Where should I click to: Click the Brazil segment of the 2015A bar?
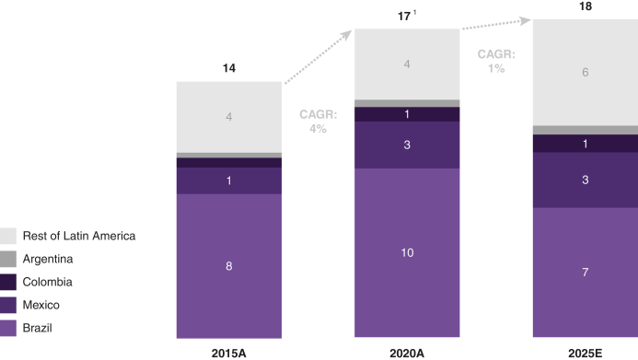click(229, 266)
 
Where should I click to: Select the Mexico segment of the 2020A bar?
click(407, 145)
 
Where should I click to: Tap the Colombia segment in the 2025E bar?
click(586, 144)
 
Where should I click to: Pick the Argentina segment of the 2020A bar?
click(407, 103)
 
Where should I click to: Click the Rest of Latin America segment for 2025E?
click(586, 73)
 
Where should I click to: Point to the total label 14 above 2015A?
click(229, 68)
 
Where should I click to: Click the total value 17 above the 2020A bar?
click(404, 17)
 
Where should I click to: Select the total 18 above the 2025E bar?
click(586, 6)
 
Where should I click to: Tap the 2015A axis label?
click(228, 353)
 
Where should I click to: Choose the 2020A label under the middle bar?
click(407, 353)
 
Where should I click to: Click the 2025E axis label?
click(586, 353)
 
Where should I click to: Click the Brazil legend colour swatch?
click(8, 329)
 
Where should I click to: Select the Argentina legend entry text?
click(48, 259)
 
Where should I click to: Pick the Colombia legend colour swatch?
click(8, 282)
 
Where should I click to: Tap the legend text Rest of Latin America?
click(79, 236)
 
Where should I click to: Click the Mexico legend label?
click(41, 305)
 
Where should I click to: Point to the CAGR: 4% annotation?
click(319, 122)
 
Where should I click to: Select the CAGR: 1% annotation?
click(496, 62)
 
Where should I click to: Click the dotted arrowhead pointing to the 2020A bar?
click(346, 35)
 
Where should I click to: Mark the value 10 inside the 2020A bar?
click(407, 252)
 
